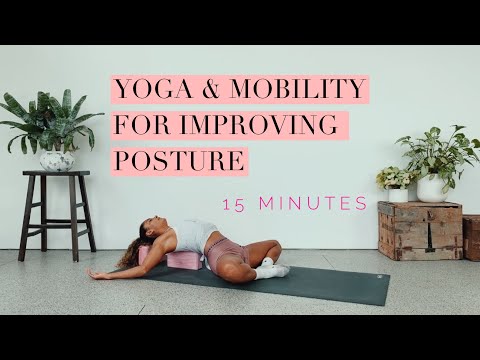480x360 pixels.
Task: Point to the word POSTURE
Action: pos(179,161)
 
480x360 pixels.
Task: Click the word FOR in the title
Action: pos(144,127)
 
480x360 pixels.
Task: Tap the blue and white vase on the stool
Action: pos(57,159)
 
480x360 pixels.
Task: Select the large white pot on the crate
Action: pos(431,187)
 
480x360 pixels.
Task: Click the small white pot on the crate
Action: pos(397,193)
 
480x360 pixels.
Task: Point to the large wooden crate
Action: pos(420,230)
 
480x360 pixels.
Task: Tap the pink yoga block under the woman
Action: pos(184,262)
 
